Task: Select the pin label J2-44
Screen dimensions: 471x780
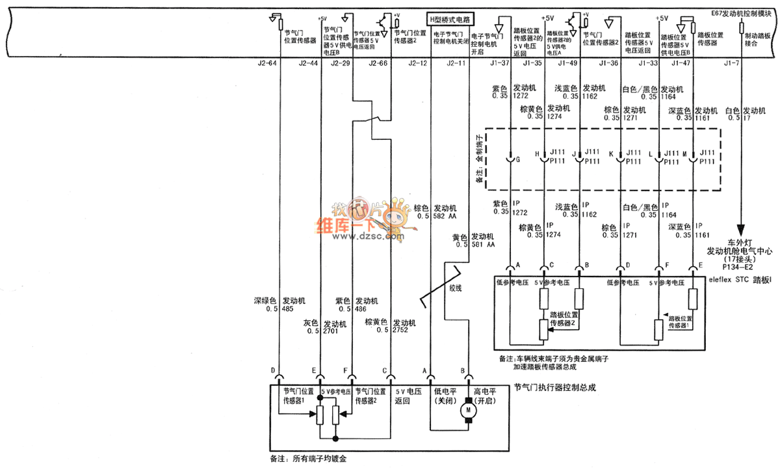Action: (x=308, y=63)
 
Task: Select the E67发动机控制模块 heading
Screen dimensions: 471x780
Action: (x=742, y=13)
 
